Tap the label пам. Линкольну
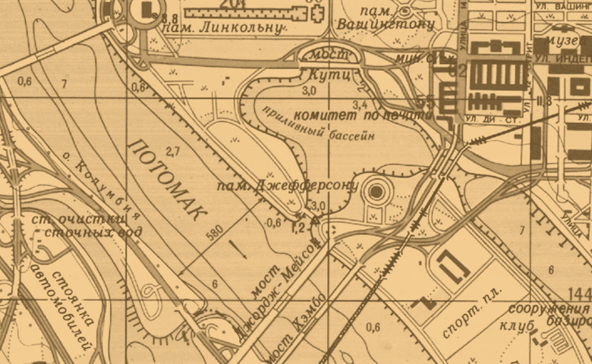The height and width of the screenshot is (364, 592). click(x=219, y=28)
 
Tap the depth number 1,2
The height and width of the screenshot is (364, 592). click(x=298, y=226)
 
